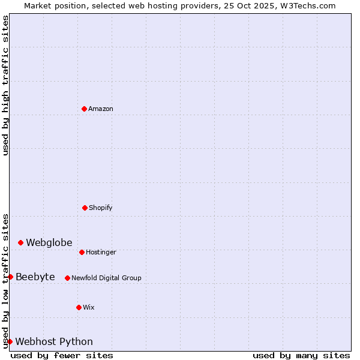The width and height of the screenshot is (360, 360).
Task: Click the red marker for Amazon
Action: tap(84, 109)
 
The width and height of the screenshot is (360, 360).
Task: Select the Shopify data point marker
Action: tap(85, 208)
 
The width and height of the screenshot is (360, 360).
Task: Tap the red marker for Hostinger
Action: tap(82, 252)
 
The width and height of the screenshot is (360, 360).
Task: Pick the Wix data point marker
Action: tap(79, 307)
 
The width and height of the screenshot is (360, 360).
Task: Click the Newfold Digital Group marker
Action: tap(67, 278)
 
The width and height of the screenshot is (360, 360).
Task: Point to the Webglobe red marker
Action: tap(20, 242)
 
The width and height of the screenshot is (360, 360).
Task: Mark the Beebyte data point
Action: tap(10, 277)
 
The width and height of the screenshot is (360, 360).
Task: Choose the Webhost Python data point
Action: tap(10, 341)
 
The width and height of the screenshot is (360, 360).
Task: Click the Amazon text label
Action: tap(101, 109)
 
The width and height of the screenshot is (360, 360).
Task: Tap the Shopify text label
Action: tap(101, 208)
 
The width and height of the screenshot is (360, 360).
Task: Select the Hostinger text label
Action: tap(101, 252)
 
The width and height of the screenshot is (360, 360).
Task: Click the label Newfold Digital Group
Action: tap(106, 278)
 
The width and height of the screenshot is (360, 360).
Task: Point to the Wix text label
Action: tap(89, 307)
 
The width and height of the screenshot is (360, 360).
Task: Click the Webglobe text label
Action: tap(49, 242)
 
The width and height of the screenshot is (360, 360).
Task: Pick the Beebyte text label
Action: tap(35, 277)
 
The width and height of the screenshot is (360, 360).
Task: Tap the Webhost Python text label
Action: tap(54, 341)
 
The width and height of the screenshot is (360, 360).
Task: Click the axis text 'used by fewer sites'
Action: tap(62, 355)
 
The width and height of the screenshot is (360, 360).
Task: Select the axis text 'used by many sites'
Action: tap(301, 355)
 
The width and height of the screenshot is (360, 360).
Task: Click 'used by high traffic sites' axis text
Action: tap(5, 85)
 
